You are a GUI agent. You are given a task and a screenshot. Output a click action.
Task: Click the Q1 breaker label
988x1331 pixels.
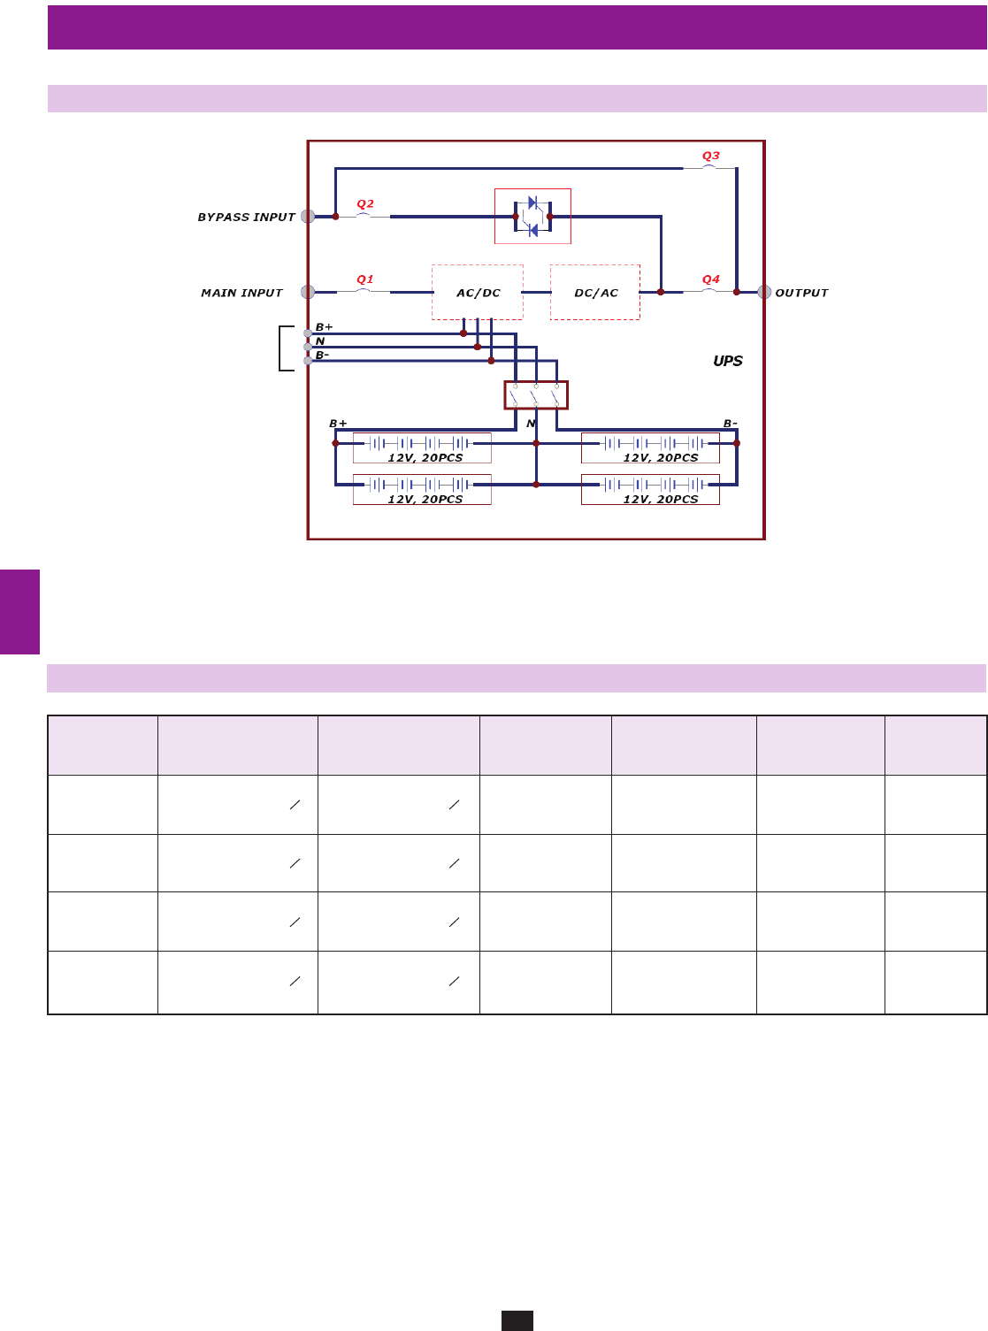[x=364, y=279]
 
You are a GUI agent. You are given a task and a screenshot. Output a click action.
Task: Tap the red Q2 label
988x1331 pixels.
[x=364, y=204]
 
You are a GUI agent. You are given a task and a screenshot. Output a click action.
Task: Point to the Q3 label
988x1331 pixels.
[x=711, y=157]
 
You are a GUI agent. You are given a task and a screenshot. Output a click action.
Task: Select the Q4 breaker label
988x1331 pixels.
[x=711, y=279]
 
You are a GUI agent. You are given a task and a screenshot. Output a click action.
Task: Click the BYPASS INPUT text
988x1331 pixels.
[x=246, y=218]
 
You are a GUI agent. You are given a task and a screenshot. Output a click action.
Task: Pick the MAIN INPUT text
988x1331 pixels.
[x=241, y=294]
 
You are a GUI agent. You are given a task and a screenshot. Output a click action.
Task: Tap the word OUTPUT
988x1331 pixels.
[x=801, y=294]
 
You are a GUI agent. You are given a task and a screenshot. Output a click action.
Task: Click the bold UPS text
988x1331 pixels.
[x=728, y=361]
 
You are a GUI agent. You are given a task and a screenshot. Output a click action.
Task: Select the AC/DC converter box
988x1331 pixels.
[x=478, y=293]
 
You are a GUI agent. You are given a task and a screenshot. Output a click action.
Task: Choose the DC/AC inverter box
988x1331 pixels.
[x=595, y=293]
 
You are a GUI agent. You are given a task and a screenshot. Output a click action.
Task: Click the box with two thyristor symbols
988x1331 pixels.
[x=532, y=217]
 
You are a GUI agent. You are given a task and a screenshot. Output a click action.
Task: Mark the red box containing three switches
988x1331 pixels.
[x=536, y=395]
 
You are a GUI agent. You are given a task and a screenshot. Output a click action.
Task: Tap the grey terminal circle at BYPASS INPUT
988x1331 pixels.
[x=308, y=217]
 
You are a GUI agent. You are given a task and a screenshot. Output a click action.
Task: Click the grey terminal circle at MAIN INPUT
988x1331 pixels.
[x=308, y=292]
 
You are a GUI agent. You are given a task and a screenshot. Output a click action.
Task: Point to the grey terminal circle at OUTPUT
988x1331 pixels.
[x=764, y=292]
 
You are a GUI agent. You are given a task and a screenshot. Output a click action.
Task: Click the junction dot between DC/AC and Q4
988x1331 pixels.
[x=661, y=292]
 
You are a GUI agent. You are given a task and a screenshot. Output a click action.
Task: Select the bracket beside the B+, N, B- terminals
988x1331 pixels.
[x=284, y=348]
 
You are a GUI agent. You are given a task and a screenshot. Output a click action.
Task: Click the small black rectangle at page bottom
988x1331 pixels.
[x=517, y=1320]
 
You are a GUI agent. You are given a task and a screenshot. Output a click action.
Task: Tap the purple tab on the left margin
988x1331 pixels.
[x=19, y=612]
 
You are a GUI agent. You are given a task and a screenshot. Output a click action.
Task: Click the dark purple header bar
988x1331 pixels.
[x=517, y=27]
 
